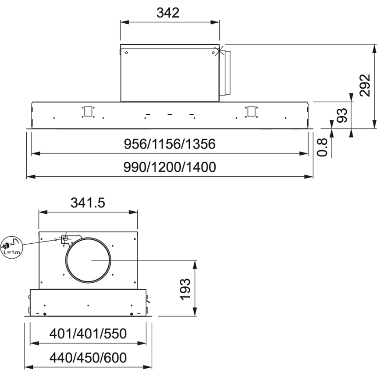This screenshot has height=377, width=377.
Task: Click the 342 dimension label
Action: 168,13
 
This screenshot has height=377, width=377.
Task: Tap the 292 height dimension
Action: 365,85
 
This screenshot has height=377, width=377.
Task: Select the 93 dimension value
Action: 342,115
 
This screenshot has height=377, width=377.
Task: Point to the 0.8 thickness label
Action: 322,147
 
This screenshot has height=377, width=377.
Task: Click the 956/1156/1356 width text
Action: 170,144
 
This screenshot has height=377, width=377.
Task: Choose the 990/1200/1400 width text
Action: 170,167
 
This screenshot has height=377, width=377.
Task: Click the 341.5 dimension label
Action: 88,203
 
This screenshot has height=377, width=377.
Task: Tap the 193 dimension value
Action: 185,289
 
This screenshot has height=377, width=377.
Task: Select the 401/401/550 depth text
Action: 88,334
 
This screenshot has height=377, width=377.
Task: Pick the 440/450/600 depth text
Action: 88,358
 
